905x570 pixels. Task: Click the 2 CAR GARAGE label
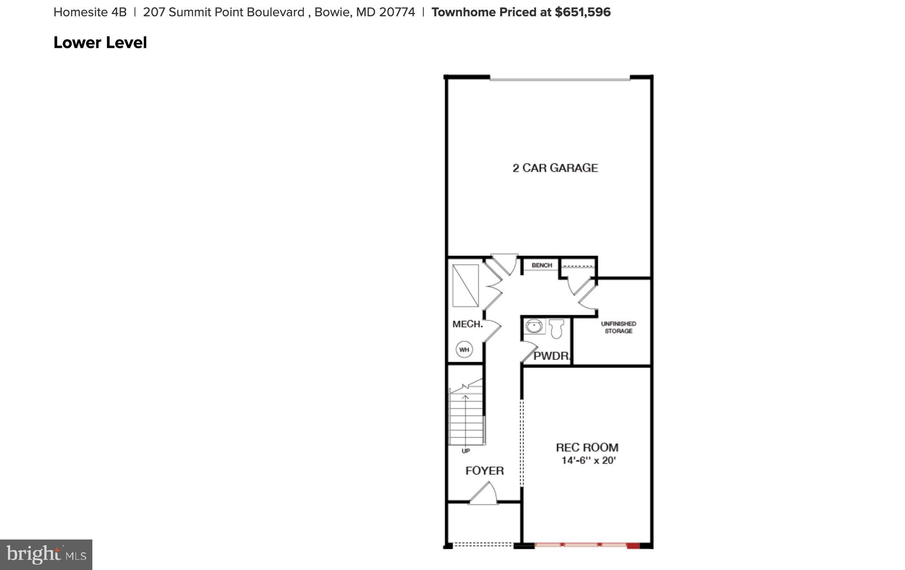tap(555, 168)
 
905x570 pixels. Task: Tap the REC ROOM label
tap(587, 448)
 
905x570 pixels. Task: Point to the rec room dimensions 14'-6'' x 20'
tap(588, 461)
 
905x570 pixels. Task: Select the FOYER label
tap(484, 471)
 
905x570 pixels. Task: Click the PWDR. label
tap(551, 356)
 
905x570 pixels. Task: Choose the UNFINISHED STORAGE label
tap(618, 327)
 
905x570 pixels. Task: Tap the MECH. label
tap(467, 324)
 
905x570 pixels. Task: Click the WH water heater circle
tap(464, 350)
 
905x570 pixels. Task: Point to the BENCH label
tap(542, 265)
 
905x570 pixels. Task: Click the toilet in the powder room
tap(556, 329)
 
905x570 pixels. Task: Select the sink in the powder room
tap(534, 327)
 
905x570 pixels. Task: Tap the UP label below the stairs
tap(465, 451)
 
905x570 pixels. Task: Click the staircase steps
tap(466, 420)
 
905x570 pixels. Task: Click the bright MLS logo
tap(46, 555)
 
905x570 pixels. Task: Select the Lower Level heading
tap(100, 43)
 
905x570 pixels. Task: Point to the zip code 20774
tap(397, 12)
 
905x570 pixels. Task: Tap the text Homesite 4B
tap(90, 12)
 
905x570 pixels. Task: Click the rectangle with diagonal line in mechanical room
tap(465, 286)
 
